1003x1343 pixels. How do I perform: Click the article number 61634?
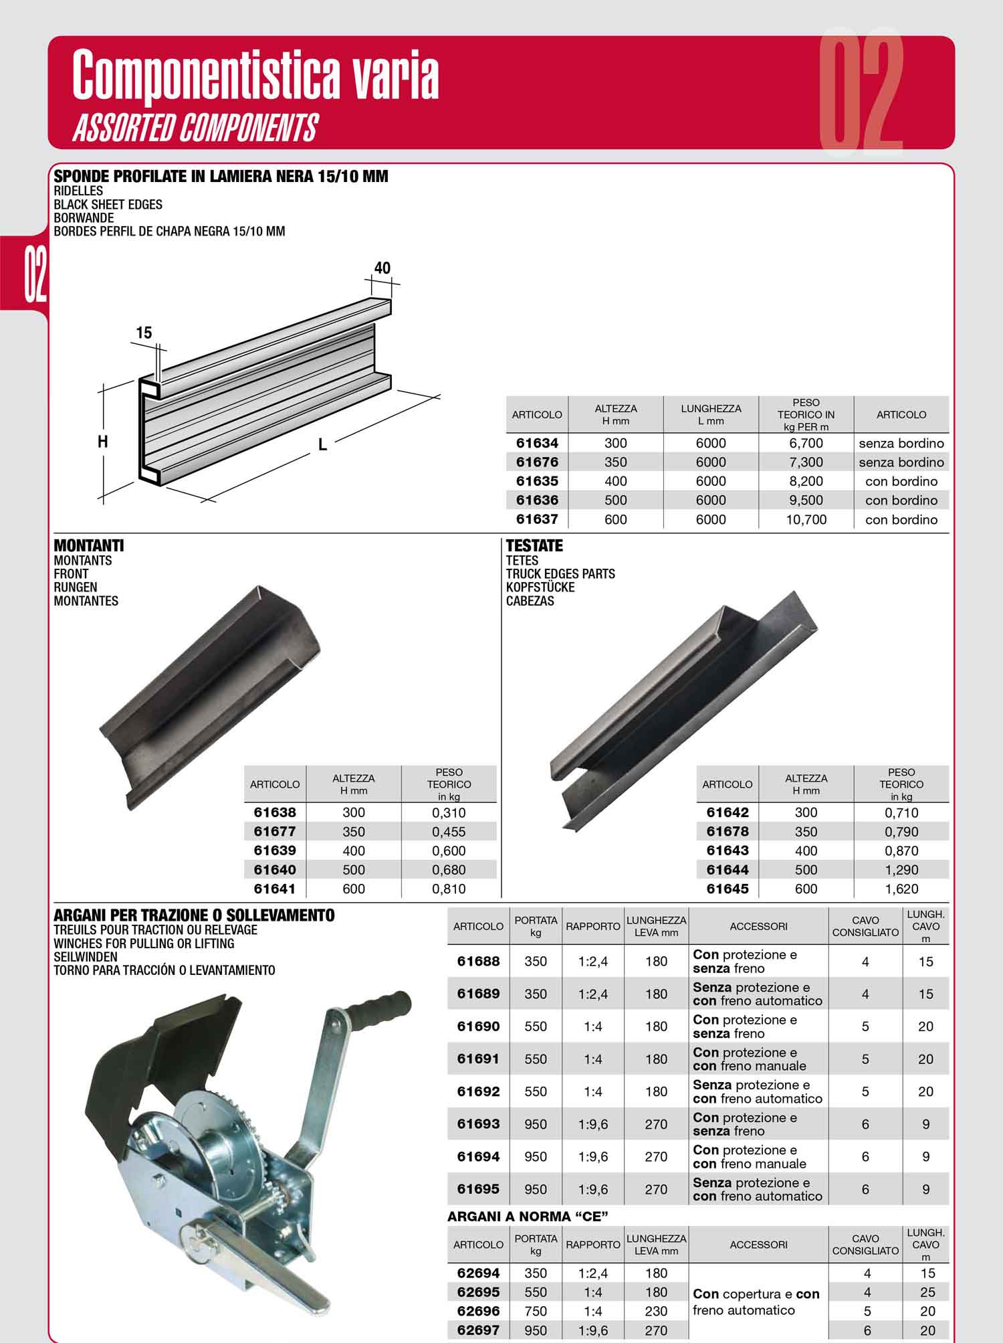point(537,443)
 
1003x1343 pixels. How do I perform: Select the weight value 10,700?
point(806,519)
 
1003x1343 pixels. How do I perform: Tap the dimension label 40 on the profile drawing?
point(382,268)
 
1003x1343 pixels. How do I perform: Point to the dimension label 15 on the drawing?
point(144,332)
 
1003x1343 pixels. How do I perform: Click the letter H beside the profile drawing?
point(103,442)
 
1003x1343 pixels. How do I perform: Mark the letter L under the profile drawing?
point(322,444)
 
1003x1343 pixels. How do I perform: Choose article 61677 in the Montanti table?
point(275,831)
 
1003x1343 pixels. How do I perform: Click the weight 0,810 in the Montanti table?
point(449,889)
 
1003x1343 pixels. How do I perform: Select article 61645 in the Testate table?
point(728,889)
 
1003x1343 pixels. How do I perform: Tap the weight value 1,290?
point(901,870)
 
